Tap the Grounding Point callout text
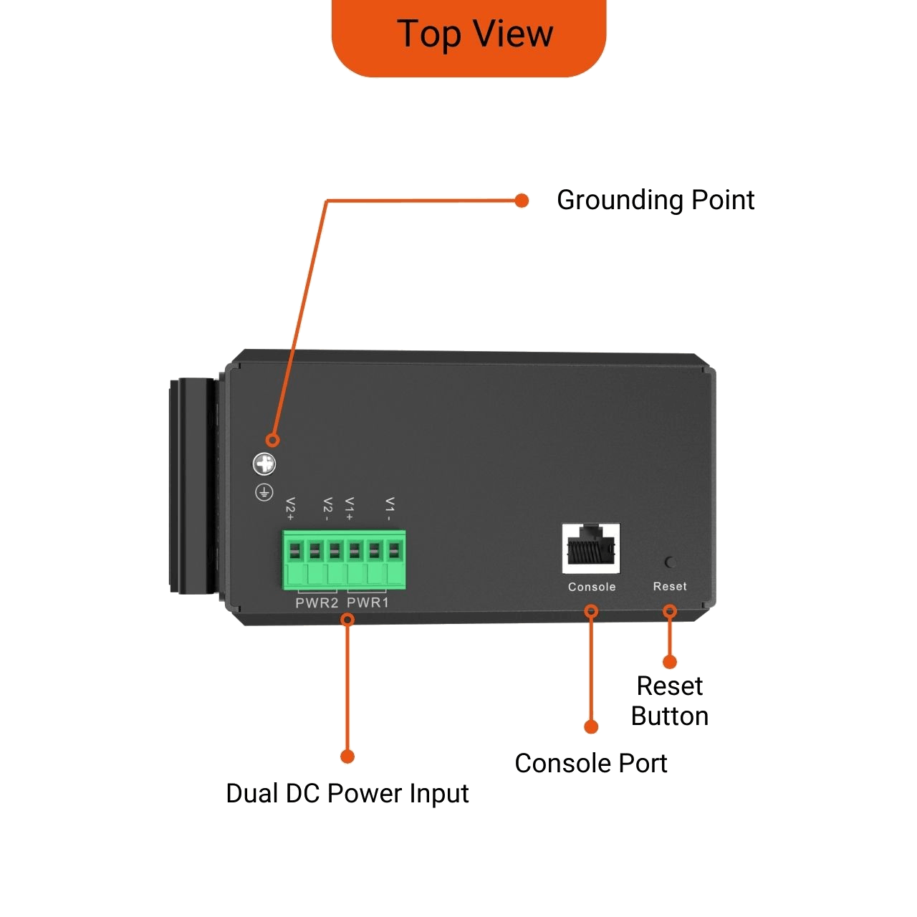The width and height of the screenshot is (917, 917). (656, 200)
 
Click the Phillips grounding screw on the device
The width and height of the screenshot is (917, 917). (264, 464)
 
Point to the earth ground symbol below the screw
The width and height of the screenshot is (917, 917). (264, 492)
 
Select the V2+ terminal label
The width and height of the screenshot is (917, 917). (290, 508)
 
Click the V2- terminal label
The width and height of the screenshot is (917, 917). (327, 508)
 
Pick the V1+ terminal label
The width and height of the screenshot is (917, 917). (350, 508)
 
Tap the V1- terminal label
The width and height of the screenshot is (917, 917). (390, 508)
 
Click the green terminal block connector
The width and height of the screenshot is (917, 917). (344, 560)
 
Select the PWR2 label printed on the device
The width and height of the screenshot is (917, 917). (317, 603)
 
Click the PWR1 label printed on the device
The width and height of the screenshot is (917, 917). (368, 603)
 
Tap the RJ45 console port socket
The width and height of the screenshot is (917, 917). (592, 548)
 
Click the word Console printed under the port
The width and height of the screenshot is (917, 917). (592, 587)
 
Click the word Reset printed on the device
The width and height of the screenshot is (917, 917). (670, 586)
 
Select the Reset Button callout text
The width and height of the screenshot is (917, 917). (670, 701)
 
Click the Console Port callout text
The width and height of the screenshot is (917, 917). (591, 764)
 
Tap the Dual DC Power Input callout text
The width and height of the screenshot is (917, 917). (347, 794)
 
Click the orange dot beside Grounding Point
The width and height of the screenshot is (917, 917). (522, 201)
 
